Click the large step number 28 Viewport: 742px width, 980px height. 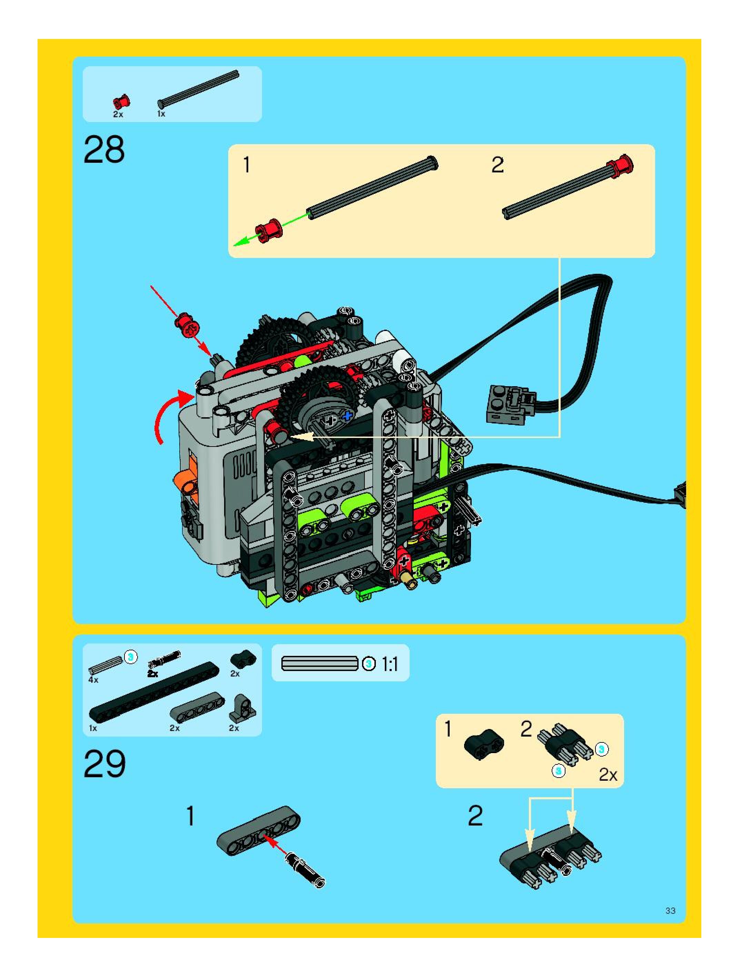[104, 150]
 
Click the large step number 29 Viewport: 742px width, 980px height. [104, 764]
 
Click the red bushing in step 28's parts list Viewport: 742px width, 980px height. [121, 102]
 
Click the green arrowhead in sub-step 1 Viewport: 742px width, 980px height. [240, 242]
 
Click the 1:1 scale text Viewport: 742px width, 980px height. [390, 664]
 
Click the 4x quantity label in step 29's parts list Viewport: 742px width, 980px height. [93, 680]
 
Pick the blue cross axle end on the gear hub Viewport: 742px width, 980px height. [347, 416]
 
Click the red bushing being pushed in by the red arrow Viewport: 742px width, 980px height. [188, 327]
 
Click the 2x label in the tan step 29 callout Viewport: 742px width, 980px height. [608, 775]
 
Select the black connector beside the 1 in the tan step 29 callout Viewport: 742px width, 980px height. [483, 744]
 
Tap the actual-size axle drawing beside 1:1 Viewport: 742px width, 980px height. [319, 663]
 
